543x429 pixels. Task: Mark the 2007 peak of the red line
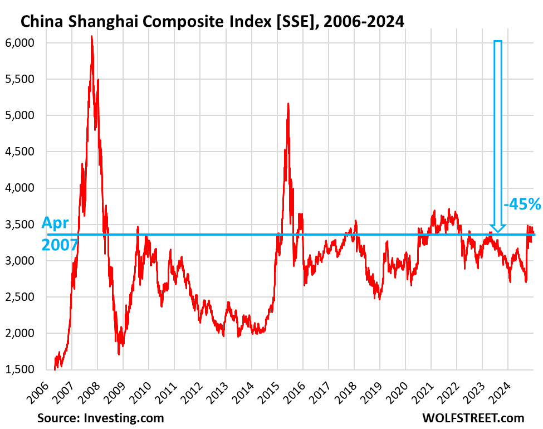pyautogui.click(x=91, y=37)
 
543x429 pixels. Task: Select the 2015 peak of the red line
pyautogui.click(x=288, y=104)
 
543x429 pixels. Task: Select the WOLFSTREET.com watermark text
pyautogui.click(x=474, y=417)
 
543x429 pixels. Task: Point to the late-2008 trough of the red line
pyautogui.click(x=119, y=353)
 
